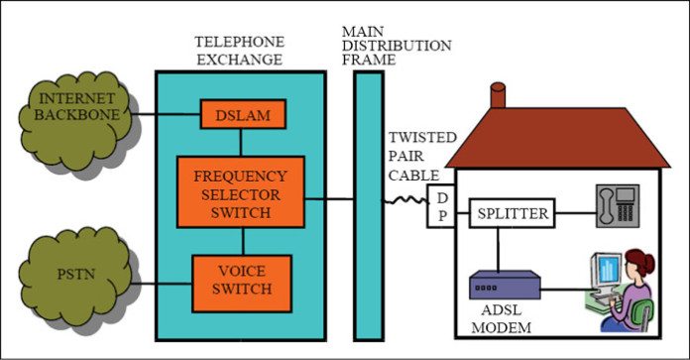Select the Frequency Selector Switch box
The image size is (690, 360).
click(241, 189)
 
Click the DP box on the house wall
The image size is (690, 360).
click(440, 205)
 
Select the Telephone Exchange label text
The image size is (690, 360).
click(239, 51)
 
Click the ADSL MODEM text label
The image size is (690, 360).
click(501, 318)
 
